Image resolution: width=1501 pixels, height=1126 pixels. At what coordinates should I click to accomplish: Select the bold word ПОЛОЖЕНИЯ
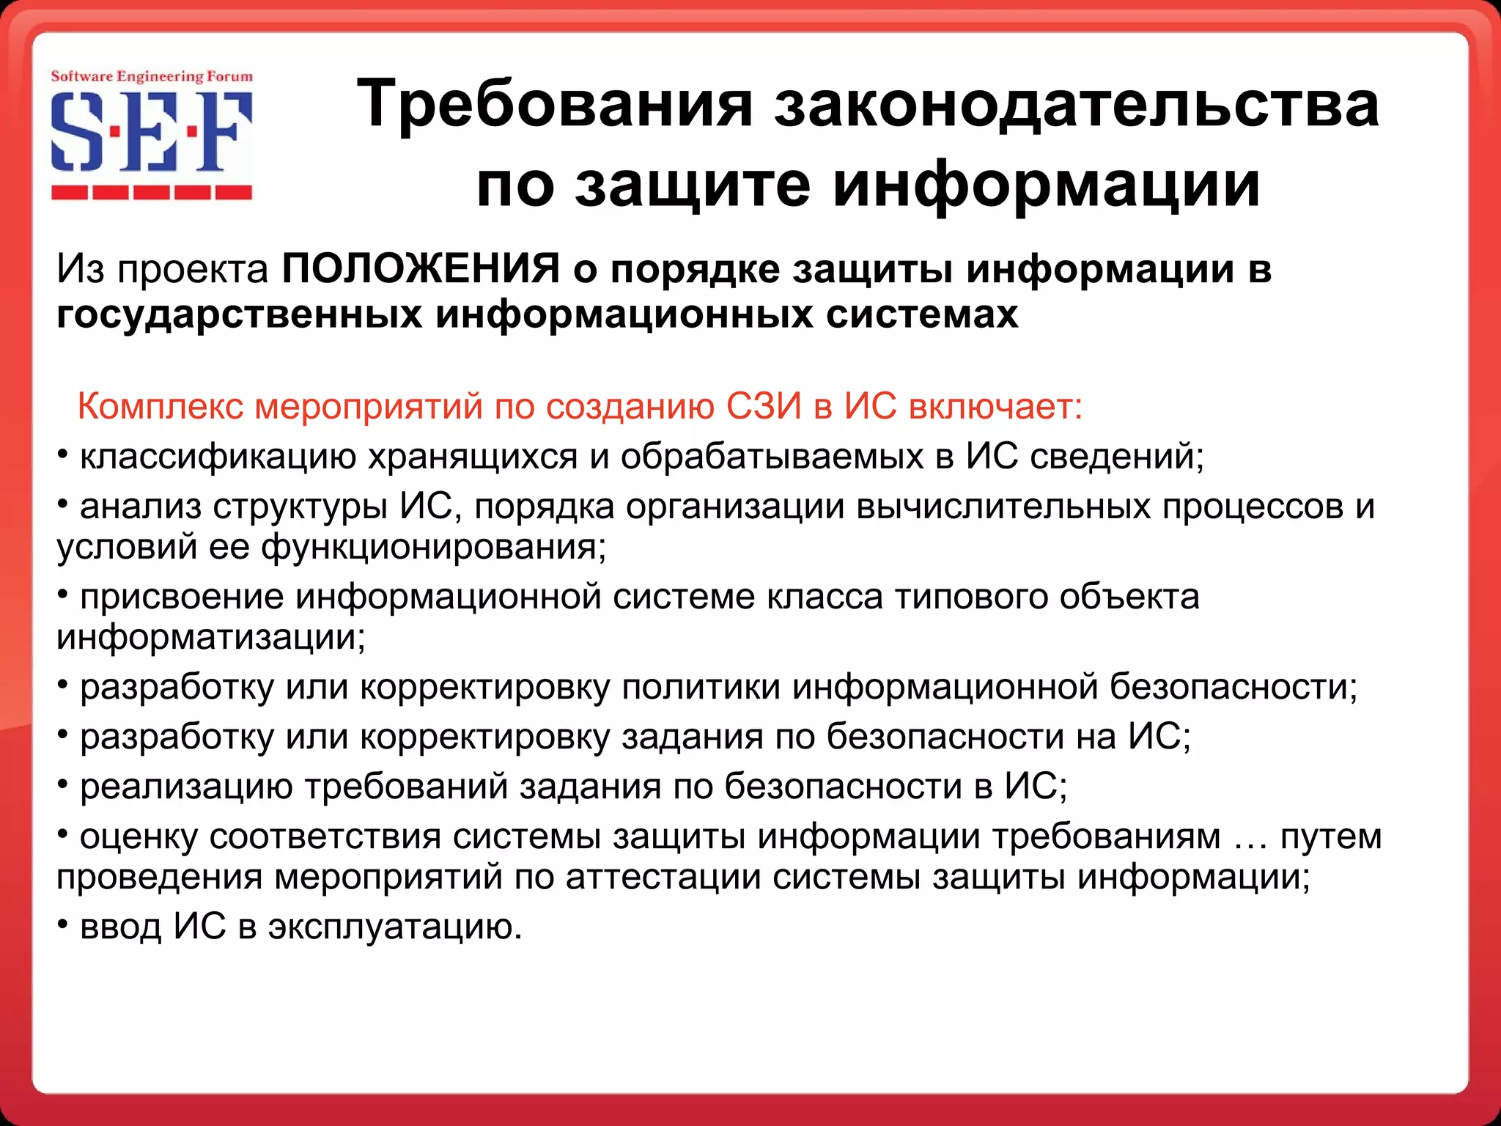point(421,268)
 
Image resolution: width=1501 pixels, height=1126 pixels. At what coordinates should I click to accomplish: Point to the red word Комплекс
point(160,406)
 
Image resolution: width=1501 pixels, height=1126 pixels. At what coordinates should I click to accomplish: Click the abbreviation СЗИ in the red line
point(764,406)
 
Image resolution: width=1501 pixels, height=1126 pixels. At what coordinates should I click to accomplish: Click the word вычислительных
point(1003,507)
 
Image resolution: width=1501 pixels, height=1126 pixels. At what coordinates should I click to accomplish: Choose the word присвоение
point(182,597)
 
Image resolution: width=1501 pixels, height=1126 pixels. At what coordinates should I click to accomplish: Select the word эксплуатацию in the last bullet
point(394,927)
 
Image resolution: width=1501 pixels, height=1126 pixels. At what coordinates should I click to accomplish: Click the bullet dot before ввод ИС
point(63,923)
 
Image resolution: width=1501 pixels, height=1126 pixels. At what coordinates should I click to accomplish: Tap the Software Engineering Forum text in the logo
point(152,76)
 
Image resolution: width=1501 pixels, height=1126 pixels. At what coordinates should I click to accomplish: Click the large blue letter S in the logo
point(75,133)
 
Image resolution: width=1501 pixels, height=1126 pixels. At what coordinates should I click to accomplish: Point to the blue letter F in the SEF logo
point(225,133)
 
